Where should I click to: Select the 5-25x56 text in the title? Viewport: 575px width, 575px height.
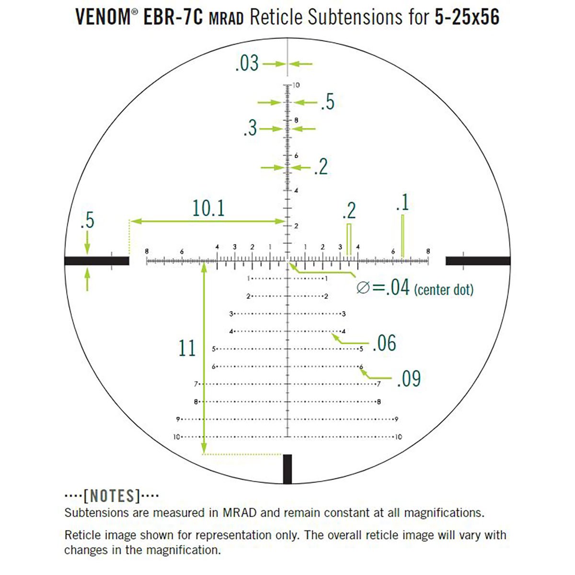468,18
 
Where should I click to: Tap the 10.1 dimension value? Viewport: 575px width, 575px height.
208,208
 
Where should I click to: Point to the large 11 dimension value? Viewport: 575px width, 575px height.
187,348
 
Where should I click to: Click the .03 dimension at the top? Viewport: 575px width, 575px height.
247,63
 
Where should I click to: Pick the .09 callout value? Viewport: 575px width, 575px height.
409,379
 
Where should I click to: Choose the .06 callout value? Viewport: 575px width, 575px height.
384,343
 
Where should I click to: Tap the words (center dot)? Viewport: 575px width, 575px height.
443,289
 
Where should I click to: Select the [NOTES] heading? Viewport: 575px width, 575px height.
112,495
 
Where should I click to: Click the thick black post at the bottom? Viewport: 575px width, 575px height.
287,469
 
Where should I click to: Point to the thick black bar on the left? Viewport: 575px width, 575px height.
96,261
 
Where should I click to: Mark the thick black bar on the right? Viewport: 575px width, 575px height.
478,261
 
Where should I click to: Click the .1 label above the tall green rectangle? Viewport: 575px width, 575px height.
402,203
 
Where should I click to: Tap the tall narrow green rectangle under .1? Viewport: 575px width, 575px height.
402,235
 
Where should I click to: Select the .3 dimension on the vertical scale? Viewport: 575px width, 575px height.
250,128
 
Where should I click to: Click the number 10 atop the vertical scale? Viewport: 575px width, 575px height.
296,85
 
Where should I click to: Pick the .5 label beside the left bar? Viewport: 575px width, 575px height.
87,220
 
